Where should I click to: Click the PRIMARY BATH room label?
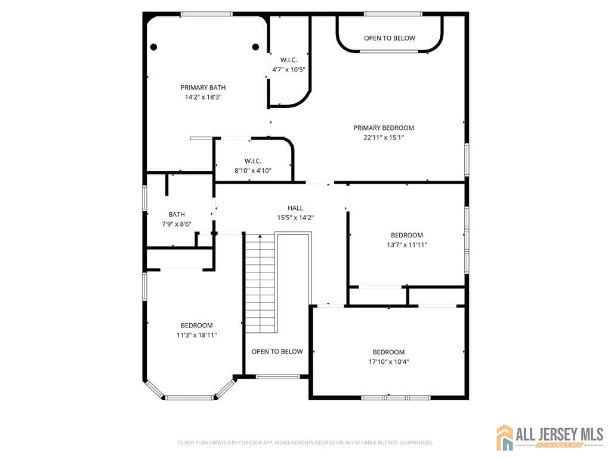[x=203, y=88]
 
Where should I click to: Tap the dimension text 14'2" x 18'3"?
[x=203, y=97]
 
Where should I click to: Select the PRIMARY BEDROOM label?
[x=383, y=128]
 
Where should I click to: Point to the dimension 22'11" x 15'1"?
[x=383, y=137]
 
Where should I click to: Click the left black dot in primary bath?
[x=153, y=47]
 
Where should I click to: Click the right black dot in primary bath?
[x=255, y=47]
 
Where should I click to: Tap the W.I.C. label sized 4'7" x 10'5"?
[x=289, y=60]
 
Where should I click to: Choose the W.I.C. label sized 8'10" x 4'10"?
[x=253, y=161]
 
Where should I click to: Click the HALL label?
[x=295, y=208]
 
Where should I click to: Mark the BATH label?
[x=177, y=214]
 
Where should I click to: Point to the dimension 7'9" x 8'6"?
[x=177, y=224]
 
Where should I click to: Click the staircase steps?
[x=260, y=284]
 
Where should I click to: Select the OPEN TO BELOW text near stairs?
[x=277, y=351]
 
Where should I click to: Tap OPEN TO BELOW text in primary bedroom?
[x=390, y=38]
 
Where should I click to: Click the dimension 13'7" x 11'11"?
[x=407, y=245]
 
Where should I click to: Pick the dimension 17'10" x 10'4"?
[x=388, y=361]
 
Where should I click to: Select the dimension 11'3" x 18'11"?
[x=197, y=335]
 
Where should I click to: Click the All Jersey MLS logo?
[x=550, y=437]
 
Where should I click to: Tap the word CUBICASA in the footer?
[x=246, y=442]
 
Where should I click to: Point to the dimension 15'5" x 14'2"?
[x=295, y=218]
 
